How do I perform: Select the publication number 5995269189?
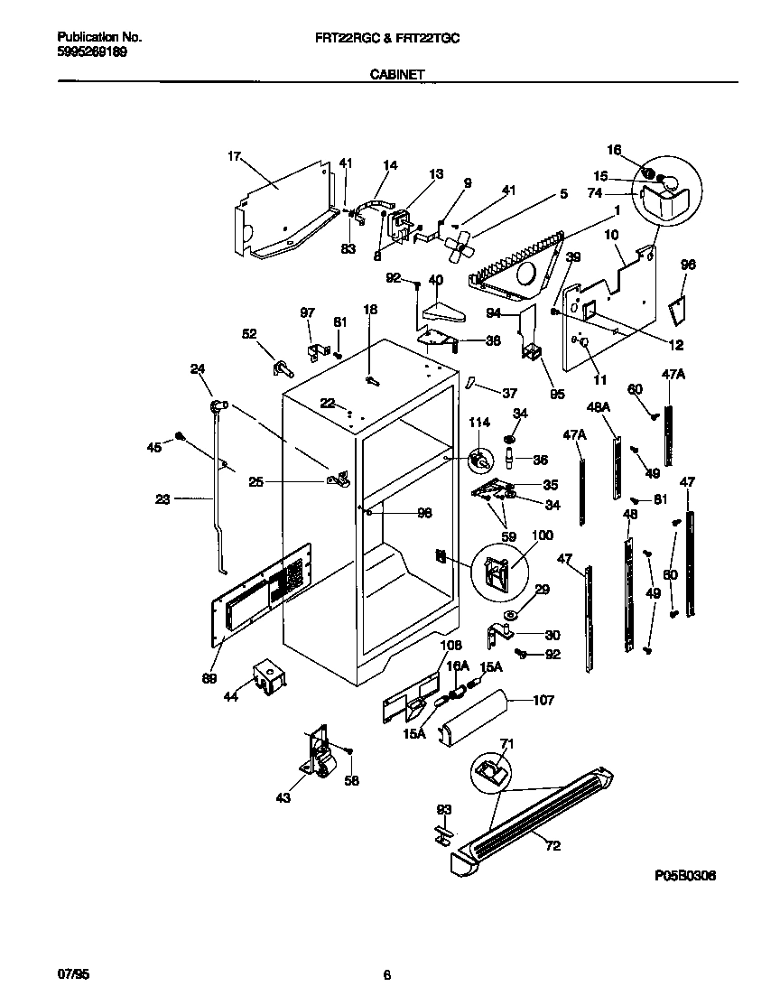(x=91, y=52)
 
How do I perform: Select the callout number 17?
(x=234, y=156)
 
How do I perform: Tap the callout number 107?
(x=569, y=700)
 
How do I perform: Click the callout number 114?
(x=478, y=422)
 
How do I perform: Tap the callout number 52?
(x=249, y=332)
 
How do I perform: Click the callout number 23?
(x=162, y=497)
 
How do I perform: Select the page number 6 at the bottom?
(x=386, y=975)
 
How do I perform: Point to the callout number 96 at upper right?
(x=688, y=265)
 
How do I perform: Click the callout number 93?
(x=442, y=809)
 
